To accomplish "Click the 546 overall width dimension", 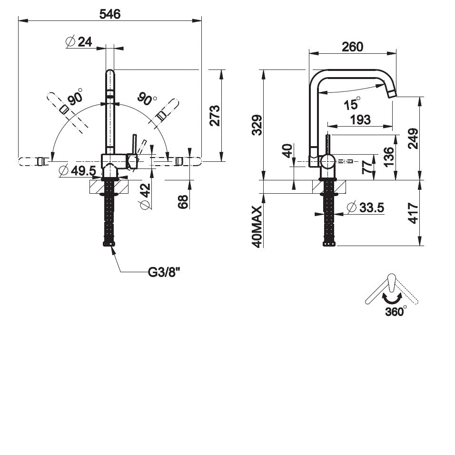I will point(109,14).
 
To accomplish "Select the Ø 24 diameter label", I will point(79,42).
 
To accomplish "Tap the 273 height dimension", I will point(215,115).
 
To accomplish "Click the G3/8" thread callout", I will point(163,272).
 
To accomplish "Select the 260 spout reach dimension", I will point(352,47).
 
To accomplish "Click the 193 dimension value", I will point(360,119).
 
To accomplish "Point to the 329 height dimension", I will point(257,125).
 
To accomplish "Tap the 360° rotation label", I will point(396,311).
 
